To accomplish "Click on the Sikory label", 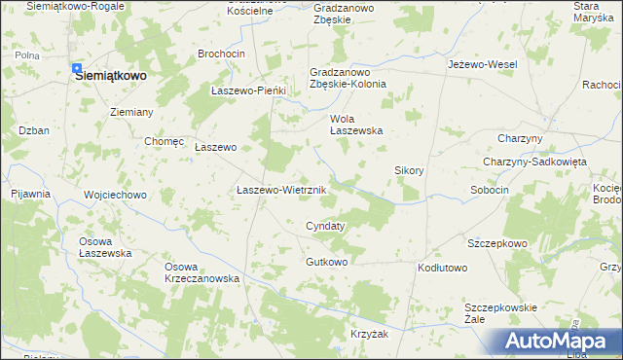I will click(409, 170).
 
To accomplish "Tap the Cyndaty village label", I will click(325, 225).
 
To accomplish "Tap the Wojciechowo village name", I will click(115, 195).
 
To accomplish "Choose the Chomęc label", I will click(164, 141).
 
